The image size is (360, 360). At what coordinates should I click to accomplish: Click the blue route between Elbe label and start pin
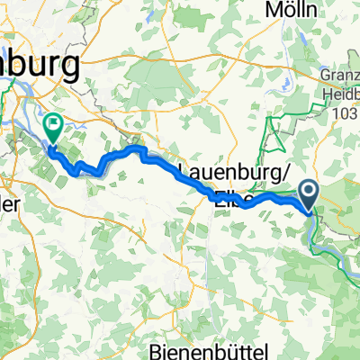tap(270, 195)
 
